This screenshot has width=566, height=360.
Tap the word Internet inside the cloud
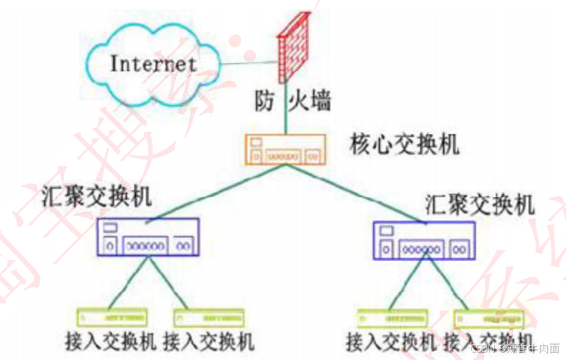click(x=153, y=62)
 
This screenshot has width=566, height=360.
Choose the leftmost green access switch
click(x=112, y=317)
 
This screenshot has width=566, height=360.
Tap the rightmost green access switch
click(x=487, y=318)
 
